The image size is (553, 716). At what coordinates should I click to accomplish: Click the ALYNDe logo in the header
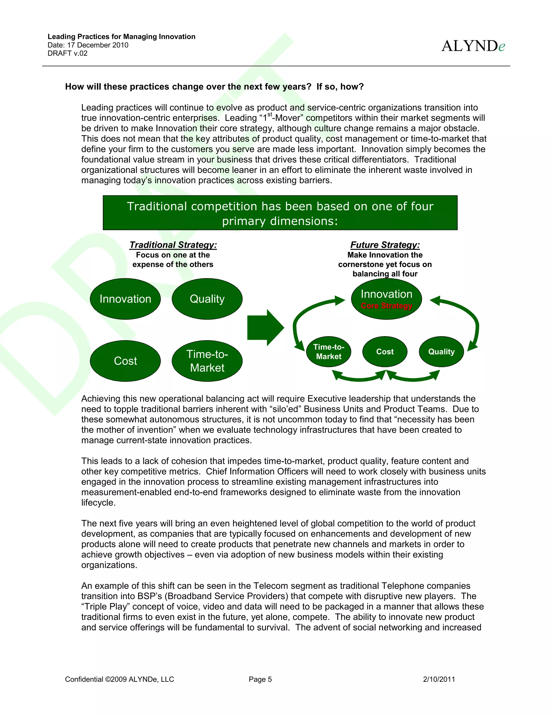pos(473,46)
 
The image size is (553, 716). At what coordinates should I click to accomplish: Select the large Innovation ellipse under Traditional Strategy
pos(125,299)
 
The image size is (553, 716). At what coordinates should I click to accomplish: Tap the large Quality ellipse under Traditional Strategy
pos(207,299)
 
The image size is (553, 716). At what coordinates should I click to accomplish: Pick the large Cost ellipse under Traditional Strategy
pos(125,361)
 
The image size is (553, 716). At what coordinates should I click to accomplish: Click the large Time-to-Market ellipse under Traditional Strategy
pos(207,361)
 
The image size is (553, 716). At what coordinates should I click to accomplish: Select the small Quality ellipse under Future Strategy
pos(441,352)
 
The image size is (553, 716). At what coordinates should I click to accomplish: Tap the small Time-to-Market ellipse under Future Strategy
pos(329,352)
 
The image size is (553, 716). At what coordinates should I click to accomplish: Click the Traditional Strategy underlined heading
pos(173,245)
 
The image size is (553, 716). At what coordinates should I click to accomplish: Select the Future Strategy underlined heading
pos(385,245)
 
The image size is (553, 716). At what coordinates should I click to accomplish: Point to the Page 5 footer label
pos(260,679)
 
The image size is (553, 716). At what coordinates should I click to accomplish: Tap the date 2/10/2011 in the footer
pos(439,679)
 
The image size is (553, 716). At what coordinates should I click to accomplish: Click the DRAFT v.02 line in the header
pos(68,53)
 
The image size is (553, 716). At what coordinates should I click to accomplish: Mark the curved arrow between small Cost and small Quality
pos(413,378)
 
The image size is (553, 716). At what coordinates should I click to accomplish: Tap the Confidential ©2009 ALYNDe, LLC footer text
pos(120,679)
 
